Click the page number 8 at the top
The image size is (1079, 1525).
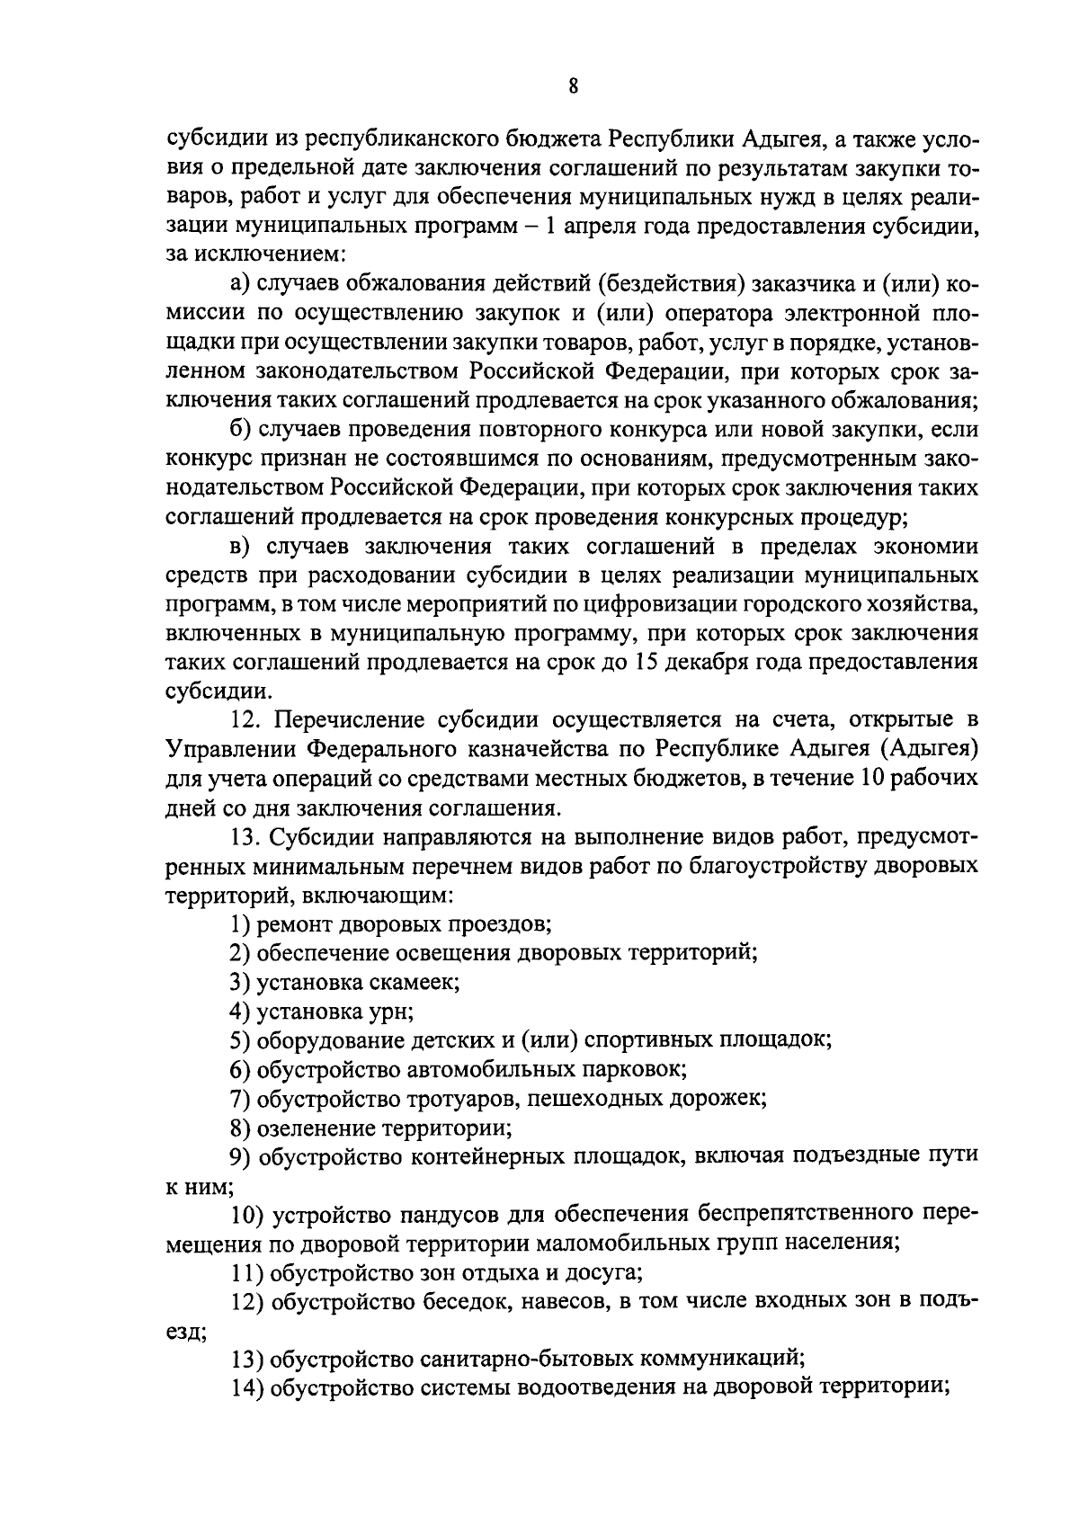point(573,86)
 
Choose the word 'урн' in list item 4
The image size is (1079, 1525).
point(391,1012)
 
